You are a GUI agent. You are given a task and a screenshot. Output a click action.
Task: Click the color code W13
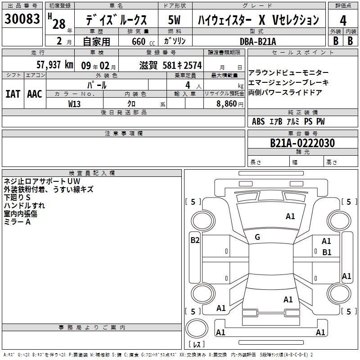pyautogui.click(x=75, y=103)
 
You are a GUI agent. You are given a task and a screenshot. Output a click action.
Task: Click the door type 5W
pyautogui.click(x=175, y=20)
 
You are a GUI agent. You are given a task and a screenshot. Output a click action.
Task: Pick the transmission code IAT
pyautogui.click(x=13, y=94)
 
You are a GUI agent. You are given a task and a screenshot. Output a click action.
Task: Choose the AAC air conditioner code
pyautogui.click(x=35, y=94)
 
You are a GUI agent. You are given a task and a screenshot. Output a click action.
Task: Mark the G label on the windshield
pyautogui.click(x=257, y=237)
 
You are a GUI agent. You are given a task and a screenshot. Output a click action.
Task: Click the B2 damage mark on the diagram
pyautogui.click(x=195, y=240)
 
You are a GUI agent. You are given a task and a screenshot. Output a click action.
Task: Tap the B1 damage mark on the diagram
pyautogui.click(x=327, y=252)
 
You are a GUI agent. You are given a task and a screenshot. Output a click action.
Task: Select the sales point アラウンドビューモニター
pyautogui.click(x=288, y=73)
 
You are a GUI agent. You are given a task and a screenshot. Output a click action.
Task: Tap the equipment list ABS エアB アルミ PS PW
pyautogui.click(x=288, y=121)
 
